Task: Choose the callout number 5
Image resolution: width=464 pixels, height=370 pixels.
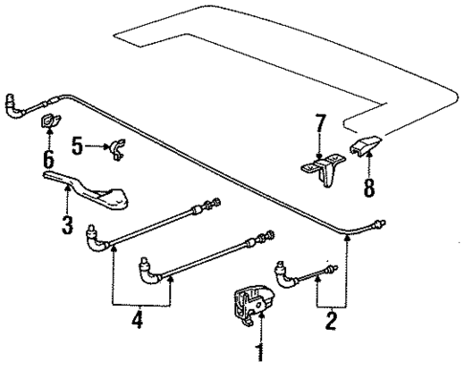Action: click(x=78, y=145)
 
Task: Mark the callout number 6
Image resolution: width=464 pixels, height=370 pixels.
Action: click(x=48, y=159)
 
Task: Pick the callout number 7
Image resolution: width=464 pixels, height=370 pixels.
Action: click(x=322, y=124)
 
